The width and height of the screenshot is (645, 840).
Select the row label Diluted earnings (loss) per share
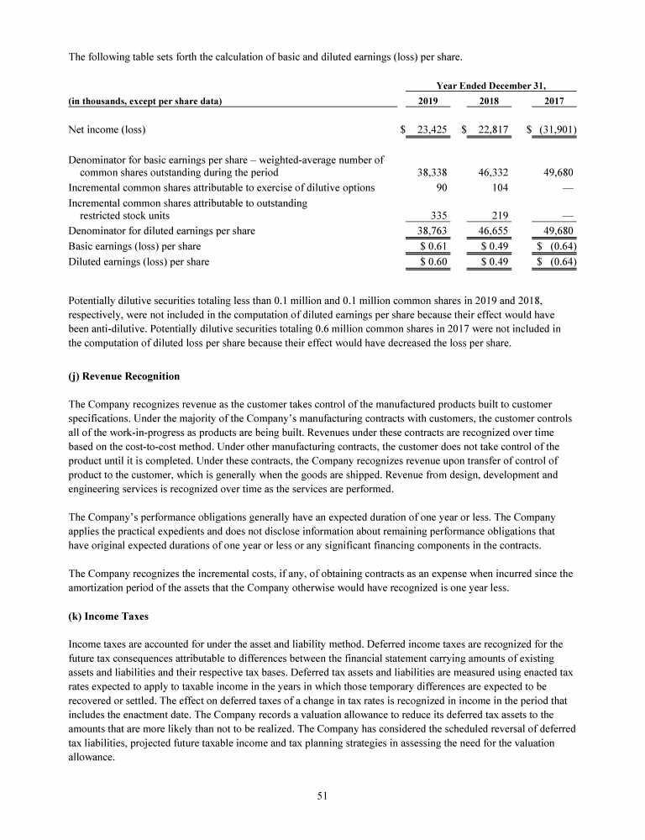138,262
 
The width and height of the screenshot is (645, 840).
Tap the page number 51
322,798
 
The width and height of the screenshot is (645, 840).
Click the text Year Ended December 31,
490,85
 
